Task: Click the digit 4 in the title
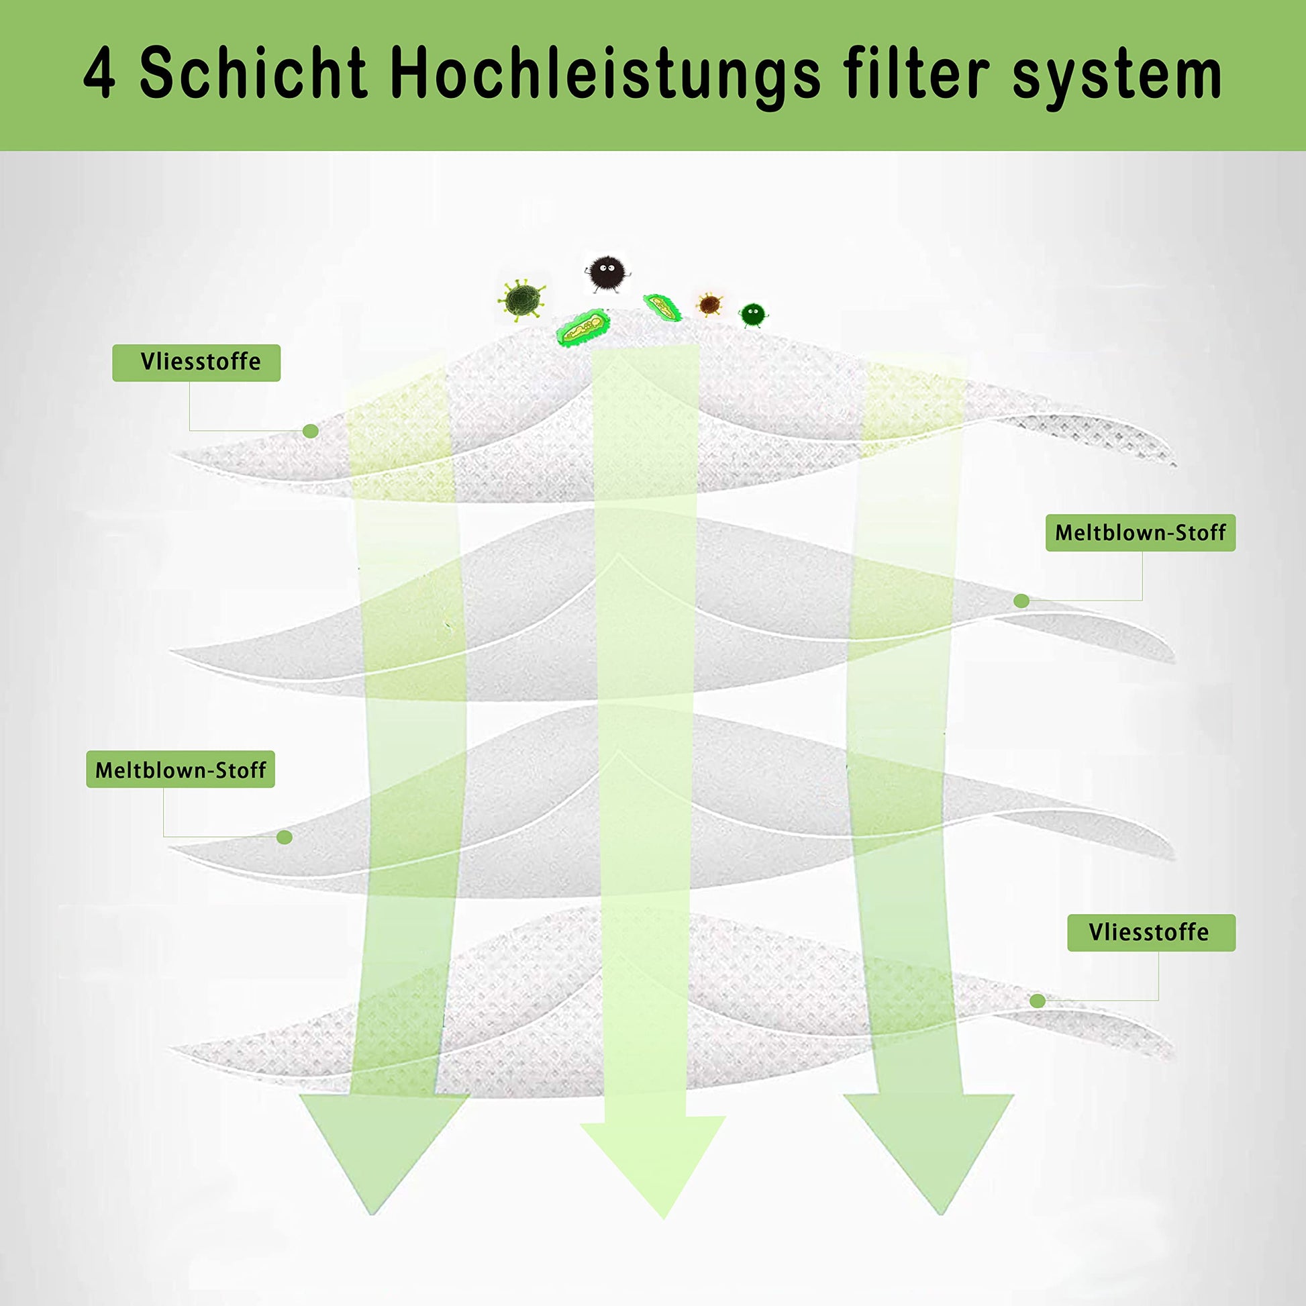click(x=99, y=74)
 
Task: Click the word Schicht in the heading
click(x=254, y=73)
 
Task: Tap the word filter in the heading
click(x=917, y=73)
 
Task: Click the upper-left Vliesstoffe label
click(x=196, y=362)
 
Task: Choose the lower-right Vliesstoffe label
click(x=1151, y=933)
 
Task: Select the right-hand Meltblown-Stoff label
click(x=1140, y=533)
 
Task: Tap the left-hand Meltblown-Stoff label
click(x=181, y=769)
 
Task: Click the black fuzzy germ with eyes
click(x=607, y=273)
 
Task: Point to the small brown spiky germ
click(x=709, y=305)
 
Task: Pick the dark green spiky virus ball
click(x=522, y=299)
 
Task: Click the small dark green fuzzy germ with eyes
click(x=753, y=314)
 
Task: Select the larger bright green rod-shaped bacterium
click(x=583, y=329)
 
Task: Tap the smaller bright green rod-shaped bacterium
click(x=662, y=307)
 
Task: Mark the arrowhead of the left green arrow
click(x=384, y=1152)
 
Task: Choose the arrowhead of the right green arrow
click(x=928, y=1152)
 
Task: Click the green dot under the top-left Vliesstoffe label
click(x=310, y=432)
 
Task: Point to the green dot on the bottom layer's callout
click(x=1038, y=1001)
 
